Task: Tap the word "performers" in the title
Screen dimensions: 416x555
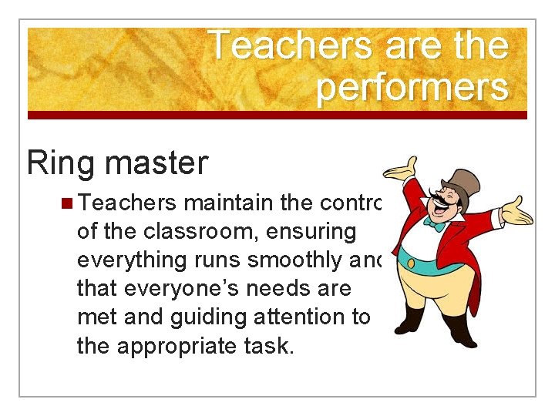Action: pyautogui.click(x=412, y=88)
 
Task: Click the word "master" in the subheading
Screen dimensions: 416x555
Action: pyautogui.click(x=158, y=163)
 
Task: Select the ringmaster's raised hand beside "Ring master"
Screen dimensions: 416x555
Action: pyautogui.click(x=401, y=169)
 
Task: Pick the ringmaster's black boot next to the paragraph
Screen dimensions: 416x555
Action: pyautogui.click(x=409, y=320)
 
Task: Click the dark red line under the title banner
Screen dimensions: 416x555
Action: pyautogui.click(x=277, y=116)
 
